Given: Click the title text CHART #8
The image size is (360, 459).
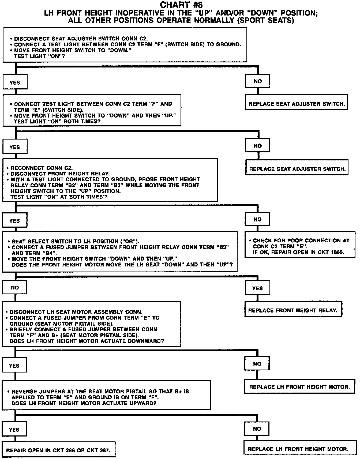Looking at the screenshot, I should [x=181, y=5].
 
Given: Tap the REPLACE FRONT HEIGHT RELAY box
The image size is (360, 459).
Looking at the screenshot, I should [x=293, y=310].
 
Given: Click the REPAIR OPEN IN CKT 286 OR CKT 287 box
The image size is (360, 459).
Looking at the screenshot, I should [x=58, y=450].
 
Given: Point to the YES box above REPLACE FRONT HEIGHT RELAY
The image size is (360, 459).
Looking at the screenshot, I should [x=257, y=288].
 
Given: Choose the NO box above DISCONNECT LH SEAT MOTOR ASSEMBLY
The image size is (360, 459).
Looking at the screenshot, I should [x=15, y=288].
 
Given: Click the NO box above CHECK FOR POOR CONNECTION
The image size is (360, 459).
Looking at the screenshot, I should [x=257, y=220].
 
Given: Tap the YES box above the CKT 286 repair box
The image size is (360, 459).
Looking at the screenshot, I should [x=14, y=430].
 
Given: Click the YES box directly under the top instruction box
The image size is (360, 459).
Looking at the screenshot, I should [x=15, y=83].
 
